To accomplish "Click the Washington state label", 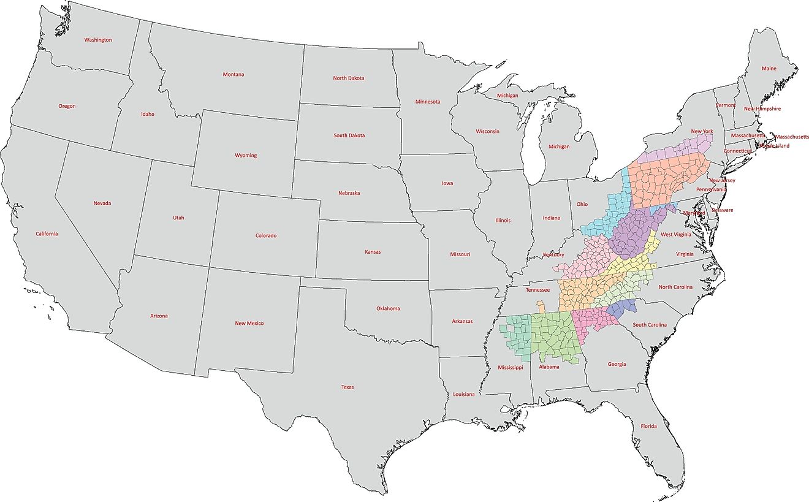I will [98, 40].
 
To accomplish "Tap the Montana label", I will [233, 75].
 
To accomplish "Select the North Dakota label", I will [348, 78].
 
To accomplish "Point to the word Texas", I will [348, 387].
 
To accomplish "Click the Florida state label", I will [648, 426].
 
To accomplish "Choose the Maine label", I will [769, 69].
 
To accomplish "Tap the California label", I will [47, 234].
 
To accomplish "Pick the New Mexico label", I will [249, 323].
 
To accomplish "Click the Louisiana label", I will [463, 394].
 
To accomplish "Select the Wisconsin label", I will [487, 131].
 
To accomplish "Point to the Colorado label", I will [266, 235].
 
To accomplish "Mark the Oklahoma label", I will [388, 308].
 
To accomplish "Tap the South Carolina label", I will [649, 324].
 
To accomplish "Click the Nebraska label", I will [349, 193].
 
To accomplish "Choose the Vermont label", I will [725, 105].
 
